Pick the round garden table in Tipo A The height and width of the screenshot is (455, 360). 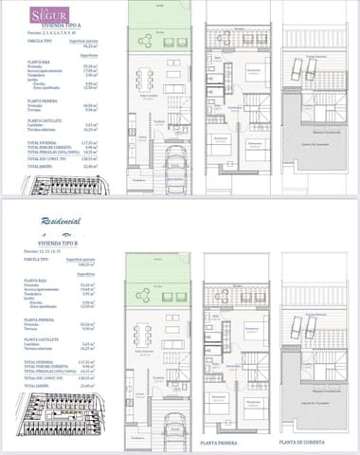point(144,40)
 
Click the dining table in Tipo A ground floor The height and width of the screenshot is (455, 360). point(145,79)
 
